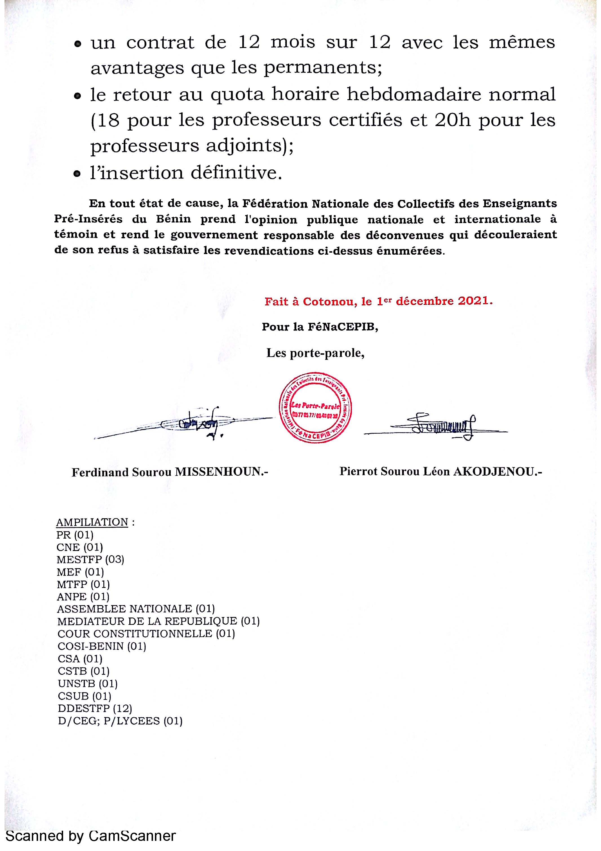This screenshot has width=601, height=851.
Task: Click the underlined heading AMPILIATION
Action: [92, 522]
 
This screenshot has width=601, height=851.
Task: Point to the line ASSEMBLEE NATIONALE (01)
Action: [136, 609]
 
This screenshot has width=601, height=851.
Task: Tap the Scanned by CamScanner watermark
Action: [91, 835]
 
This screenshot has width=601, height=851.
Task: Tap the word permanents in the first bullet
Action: [322, 68]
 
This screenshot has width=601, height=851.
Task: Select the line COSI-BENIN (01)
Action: [102, 646]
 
